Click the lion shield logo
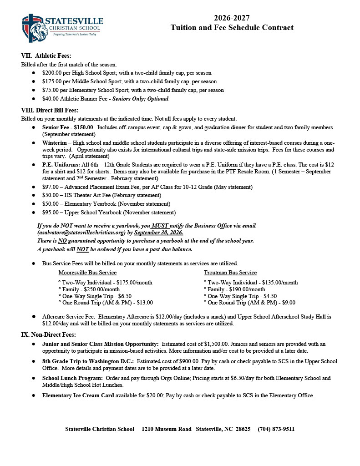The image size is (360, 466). (34, 28)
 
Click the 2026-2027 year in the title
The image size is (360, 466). (232, 18)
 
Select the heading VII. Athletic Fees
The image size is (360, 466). (46, 56)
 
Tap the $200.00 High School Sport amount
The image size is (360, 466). (52, 73)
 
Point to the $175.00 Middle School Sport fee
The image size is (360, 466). (52, 81)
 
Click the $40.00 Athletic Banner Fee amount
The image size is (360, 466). (51, 99)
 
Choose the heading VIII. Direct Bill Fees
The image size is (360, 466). (50, 110)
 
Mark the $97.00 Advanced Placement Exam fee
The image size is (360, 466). (51, 187)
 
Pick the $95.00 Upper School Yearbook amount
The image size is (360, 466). (51, 213)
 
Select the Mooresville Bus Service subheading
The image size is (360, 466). (87, 273)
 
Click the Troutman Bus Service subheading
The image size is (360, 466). (230, 273)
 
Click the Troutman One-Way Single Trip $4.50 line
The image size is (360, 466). (242, 296)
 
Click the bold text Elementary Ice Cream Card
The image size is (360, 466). (78, 395)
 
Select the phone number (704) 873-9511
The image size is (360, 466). (276, 429)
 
